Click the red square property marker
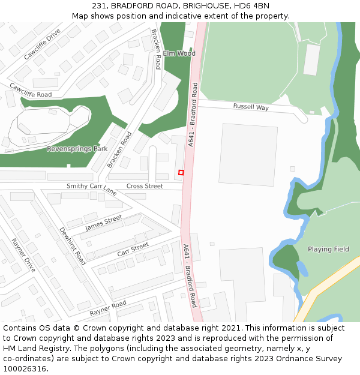pos(181,173)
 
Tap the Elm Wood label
pos(179,53)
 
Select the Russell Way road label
pos(251,107)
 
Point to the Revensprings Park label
pos(77,148)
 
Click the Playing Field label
pos(328,249)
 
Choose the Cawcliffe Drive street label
pos(42,44)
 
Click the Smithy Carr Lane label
pos(91,190)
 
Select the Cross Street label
pos(145,186)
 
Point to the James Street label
pos(104,223)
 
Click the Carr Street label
pos(133,250)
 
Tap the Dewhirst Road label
pos(72,246)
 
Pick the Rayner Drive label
pos(23,256)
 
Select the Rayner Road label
pos(108,308)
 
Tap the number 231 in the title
pos(99,6)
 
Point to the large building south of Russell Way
pos(248,155)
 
